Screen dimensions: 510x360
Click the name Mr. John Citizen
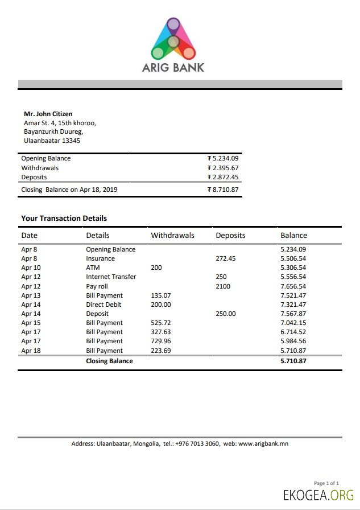(x=48, y=114)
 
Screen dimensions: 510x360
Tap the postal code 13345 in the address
(x=71, y=141)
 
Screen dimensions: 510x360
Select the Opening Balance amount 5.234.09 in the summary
(x=225, y=159)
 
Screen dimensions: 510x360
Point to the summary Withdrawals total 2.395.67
(x=225, y=168)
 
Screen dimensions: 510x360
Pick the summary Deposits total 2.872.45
(x=225, y=177)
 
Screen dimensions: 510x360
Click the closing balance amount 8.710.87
(x=225, y=190)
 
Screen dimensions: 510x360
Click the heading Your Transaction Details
(x=64, y=218)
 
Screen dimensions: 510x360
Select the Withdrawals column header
(x=172, y=235)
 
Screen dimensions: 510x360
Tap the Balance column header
(x=293, y=235)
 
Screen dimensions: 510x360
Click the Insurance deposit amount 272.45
(x=225, y=258)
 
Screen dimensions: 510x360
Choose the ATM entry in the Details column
(x=93, y=268)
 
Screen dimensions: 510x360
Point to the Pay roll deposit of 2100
(x=223, y=286)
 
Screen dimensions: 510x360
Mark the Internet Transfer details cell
(x=111, y=277)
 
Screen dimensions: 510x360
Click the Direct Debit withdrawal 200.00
(x=160, y=305)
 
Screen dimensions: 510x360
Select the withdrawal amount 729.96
(x=160, y=342)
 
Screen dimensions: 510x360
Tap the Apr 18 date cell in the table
(x=31, y=351)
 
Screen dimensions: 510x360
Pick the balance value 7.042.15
(x=293, y=323)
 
